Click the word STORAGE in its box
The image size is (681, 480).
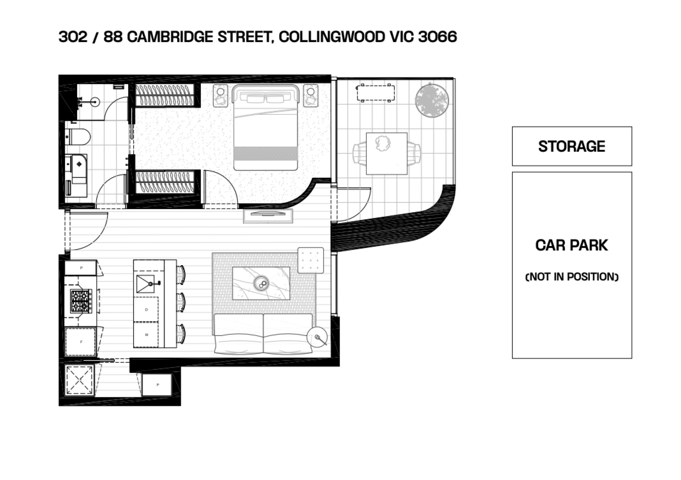coord(572,146)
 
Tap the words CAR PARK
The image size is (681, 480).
coord(572,245)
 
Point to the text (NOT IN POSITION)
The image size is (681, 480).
coord(572,277)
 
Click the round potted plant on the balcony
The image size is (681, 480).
coord(432,100)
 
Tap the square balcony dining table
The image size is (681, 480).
coord(387,154)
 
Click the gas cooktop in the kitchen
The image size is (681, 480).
coord(81,301)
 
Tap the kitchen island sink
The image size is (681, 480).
coord(145,284)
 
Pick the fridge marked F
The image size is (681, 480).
coord(80,342)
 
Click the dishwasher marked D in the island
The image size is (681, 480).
coord(146,309)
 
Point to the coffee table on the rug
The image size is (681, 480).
coord(261,283)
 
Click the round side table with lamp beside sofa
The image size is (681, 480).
coord(317,337)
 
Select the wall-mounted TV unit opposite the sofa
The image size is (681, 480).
coord(268,216)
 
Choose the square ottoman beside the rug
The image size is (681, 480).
coord(311,260)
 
